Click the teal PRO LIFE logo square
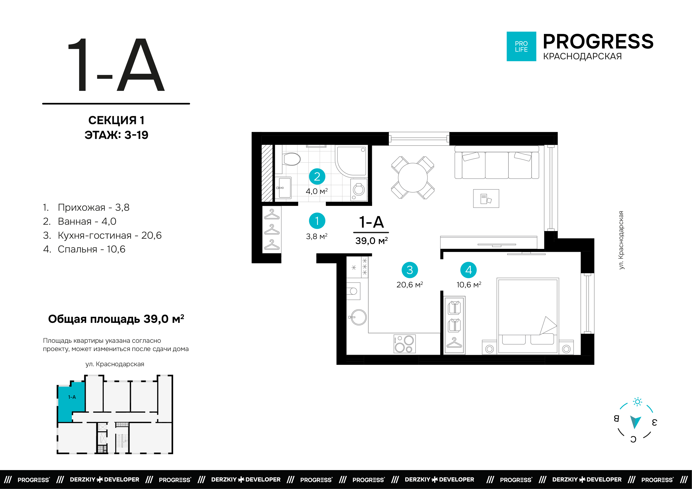tap(521, 46)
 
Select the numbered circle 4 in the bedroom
tap(468, 270)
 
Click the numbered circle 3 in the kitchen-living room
tap(410, 270)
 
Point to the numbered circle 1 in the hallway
tap(317, 221)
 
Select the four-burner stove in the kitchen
tap(404, 344)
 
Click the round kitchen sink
tap(358, 317)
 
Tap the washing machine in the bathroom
tap(359, 190)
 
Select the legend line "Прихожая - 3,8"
tap(86, 207)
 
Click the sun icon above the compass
tap(637, 402)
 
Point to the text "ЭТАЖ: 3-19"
tap(116, 135)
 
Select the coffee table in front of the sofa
tap(486, 198)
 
